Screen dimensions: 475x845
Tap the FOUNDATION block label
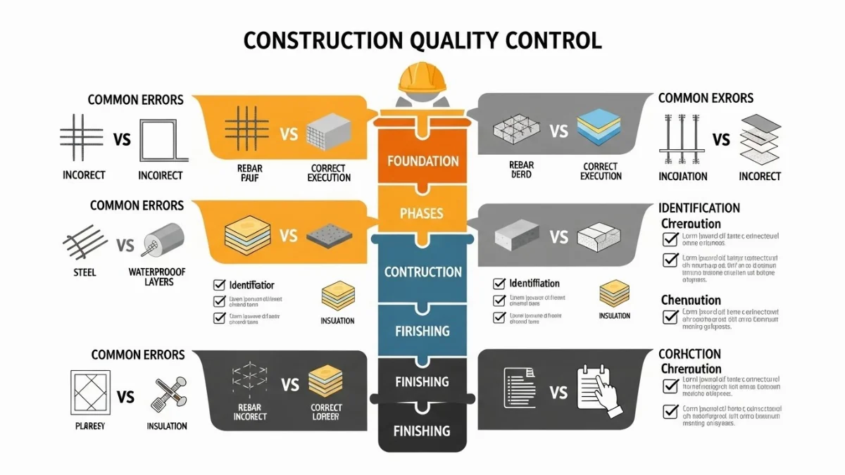423,160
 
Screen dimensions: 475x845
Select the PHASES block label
423,213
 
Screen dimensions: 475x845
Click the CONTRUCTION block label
423,272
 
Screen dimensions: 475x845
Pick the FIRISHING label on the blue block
423,330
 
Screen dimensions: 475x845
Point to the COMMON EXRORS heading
706,98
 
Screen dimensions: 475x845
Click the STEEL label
84,271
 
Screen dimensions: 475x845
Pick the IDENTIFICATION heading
699,208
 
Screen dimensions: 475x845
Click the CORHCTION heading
689,354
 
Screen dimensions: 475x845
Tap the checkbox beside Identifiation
219,286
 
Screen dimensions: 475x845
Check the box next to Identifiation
499,284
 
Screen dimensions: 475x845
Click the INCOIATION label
684,176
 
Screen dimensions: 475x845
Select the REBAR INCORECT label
250,412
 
